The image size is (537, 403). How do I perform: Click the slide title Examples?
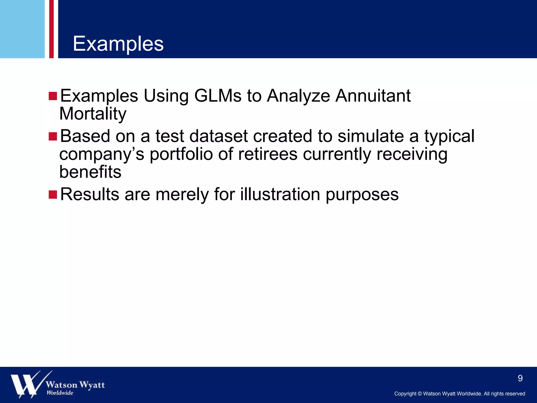click(118, 44)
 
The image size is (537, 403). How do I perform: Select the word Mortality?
click(93, 114)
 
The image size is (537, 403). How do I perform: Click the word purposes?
click(362, 195)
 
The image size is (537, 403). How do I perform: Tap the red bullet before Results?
click(53, 195)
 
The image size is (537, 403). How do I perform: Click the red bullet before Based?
click(53, 136)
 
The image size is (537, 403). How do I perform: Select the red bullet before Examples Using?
click(53, 96)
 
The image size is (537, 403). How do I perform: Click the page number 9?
click(520, 378)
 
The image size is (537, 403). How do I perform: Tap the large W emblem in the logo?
click(26, 384)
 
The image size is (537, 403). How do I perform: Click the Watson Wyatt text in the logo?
click(75, 385)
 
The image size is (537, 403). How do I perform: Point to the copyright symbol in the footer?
click(420, 394)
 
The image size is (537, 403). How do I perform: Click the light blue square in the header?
click(22, 29)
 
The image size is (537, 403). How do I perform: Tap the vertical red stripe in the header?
click(51, 29)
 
